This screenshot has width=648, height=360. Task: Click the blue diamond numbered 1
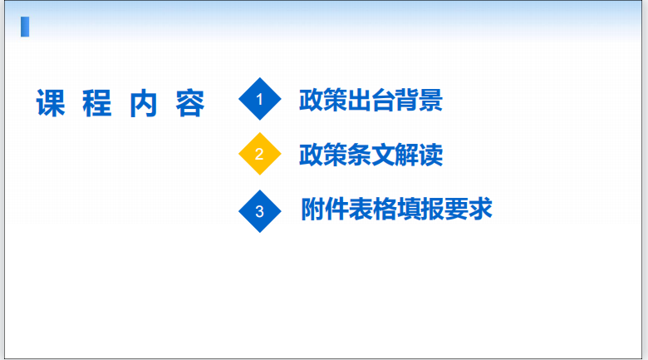[x=260, y=99]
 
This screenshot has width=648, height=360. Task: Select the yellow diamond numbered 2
[x=260, y=154]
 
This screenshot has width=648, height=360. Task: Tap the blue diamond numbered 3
[x=260, y=211]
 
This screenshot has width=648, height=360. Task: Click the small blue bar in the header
[x=25, y=27]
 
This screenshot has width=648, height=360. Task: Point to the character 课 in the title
[x=51, y=103]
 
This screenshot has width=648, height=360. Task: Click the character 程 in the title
[x=97, y=103]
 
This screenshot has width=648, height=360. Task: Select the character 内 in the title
[x=144, y=103]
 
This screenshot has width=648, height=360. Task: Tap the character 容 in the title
[x=190, y=103]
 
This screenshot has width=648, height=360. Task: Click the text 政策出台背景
[x=371, y=100]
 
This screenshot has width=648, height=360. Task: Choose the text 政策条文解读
[x=371, y=155]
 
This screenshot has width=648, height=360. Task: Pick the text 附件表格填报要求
[x=397, y=209]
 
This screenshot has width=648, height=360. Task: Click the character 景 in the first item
[x=430, y=100]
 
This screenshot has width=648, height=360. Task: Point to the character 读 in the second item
[x=430, y=155]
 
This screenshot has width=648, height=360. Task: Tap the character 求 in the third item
[x=481, y=209]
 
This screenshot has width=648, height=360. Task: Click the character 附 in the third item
[x=313, y=209]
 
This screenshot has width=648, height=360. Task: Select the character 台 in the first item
[x=383, y=100]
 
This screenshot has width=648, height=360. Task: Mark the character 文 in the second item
[x=383, y=155]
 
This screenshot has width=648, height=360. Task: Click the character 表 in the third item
[x=361, y=209]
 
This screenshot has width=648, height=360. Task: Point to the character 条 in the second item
[x=359, y=155]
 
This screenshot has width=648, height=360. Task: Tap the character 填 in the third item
[x=409, y=209]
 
